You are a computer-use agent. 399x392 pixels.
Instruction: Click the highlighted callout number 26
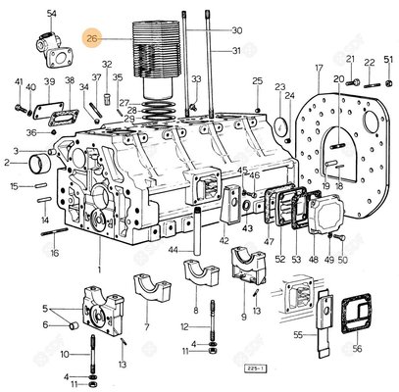tap(93, 39)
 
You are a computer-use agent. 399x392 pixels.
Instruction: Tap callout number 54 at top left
tap(52, 14)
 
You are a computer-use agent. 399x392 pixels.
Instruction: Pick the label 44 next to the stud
tap(173, 250)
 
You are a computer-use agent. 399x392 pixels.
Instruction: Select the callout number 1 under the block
tap(98, 269)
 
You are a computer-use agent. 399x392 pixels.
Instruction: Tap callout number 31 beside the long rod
tap(236, 51)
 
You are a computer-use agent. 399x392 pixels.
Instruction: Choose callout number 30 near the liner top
tap(236, 31)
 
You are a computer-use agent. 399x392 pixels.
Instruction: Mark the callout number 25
tap(257, 81)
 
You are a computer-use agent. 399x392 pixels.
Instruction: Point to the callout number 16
tap(54, 253)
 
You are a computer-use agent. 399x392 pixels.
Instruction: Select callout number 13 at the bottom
tap(122, 365)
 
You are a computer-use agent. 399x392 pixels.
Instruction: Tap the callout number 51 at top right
tap(387, 60)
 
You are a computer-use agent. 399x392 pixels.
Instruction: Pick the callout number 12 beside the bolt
tap(184, 325)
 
